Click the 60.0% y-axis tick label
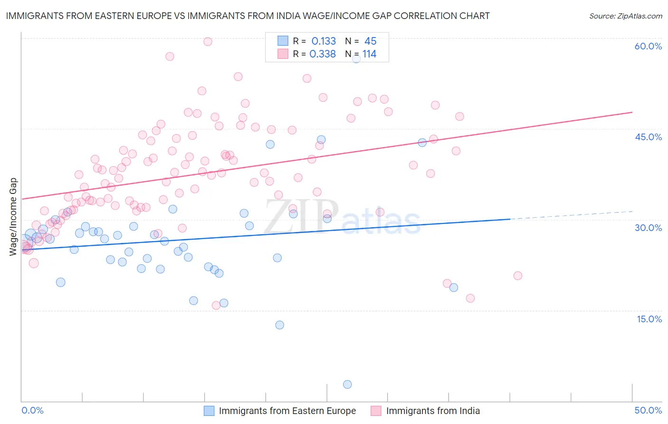pos(648,46)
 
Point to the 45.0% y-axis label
pos(648,137)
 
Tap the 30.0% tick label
pos(648,228)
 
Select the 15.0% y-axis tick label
pos(649,319)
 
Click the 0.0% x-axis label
pos(32,410)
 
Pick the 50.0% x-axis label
pos(648,410)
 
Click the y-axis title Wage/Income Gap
pos(13,217)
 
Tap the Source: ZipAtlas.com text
pos(625,16)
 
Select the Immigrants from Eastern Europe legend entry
pos(287,411)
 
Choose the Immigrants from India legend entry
pos(433,411)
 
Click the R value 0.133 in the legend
pos(324,41)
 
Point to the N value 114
pos(369,54)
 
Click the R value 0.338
pos(323,54)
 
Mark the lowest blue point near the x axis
pos(347,384)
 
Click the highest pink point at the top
pos(208,41)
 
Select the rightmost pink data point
pos(518,276)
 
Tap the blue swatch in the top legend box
pos(283,41)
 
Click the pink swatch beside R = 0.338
pos(283,54)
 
